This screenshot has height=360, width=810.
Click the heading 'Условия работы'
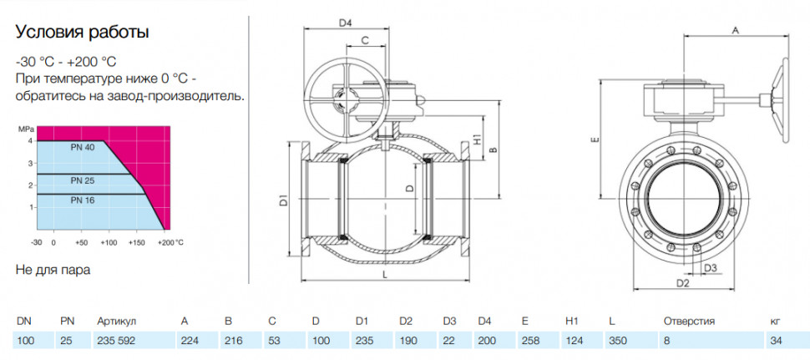83,33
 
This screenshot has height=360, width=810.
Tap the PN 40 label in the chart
82,147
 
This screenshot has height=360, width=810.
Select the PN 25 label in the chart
82,180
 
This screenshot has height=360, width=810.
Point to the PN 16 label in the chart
82,200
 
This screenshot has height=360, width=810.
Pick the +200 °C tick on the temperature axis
172,241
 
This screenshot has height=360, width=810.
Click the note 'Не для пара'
53,270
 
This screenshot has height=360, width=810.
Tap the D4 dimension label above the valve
345,23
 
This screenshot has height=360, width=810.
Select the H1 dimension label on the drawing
478,139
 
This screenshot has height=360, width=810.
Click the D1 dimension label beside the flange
284,200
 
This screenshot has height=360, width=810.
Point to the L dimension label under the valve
385,275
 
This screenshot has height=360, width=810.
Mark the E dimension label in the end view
595,139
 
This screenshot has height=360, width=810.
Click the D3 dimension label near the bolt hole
711,267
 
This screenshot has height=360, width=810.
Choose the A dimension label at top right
737,31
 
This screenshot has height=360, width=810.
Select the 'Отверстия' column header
689,322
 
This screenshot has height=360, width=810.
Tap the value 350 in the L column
617,341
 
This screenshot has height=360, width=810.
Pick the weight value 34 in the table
777,341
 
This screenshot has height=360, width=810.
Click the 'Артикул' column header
116,322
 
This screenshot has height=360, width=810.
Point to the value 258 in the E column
530,341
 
